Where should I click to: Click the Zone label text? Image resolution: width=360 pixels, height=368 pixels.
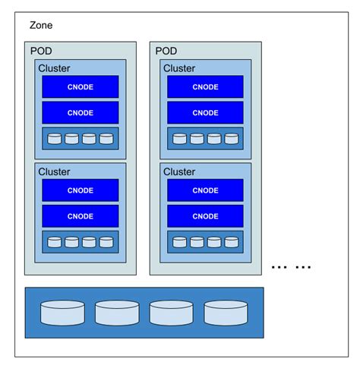coord(41,25)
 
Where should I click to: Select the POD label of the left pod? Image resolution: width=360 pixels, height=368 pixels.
coord(43,51)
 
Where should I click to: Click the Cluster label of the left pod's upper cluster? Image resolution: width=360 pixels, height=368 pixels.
coord(54,68)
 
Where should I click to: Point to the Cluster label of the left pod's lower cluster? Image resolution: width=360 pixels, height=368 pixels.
coord(54,172)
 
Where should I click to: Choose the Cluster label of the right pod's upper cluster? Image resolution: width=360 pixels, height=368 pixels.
coord(179,68)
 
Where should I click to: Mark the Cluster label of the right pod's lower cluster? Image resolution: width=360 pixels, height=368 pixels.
coord(179,172)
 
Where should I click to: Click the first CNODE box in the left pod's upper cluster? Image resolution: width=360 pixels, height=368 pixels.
coord(80,86)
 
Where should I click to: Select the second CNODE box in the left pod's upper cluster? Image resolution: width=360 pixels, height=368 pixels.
coord(80,112)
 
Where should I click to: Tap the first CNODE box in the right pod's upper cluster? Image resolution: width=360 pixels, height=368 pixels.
coord(205,86)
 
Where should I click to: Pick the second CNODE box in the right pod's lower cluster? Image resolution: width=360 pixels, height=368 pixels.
coord(205,216)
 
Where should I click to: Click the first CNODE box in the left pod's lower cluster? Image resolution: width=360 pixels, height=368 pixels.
coord(80,190)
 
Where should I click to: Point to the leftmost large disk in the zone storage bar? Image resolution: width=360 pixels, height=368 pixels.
coord(62,313)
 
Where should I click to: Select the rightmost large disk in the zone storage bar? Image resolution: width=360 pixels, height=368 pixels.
coord(226,313)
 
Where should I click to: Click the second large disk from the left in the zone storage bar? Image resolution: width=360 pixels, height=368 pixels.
coord(117,313)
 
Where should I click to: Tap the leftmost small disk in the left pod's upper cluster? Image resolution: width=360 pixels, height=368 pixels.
coord(55,139)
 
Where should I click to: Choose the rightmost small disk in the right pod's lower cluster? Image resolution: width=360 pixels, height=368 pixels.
coord(231,243)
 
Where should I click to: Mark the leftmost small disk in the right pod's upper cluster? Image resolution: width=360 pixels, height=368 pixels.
coord(180,139)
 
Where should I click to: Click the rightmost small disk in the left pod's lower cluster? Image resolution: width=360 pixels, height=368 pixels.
coord(106,243)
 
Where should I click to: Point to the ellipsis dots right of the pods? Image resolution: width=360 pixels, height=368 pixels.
coord(292,267)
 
